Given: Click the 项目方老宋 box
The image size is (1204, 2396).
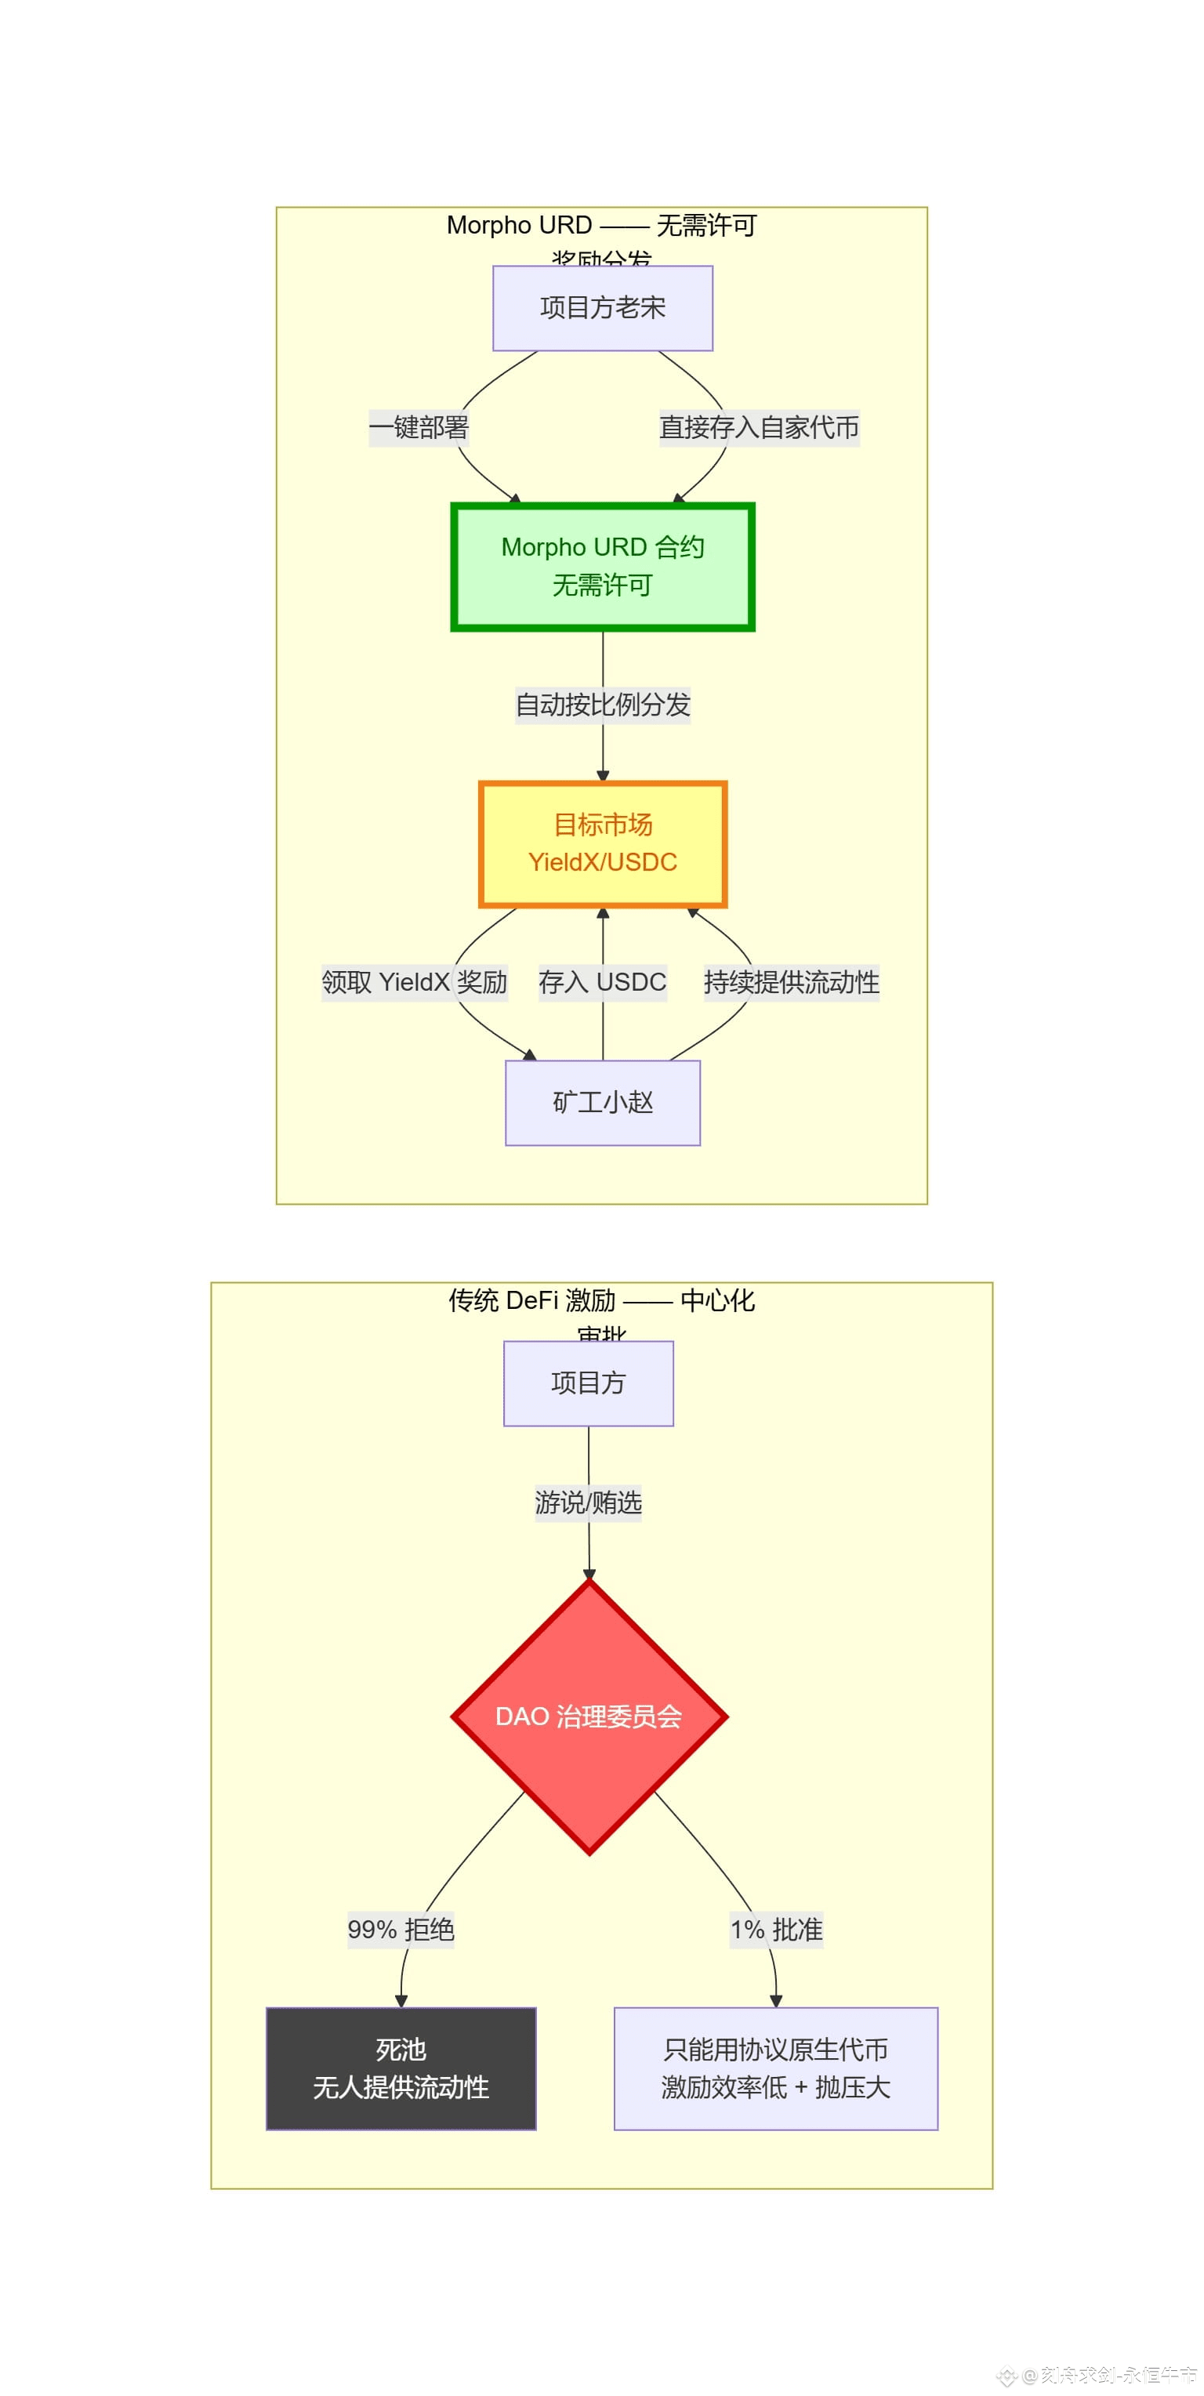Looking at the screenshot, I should (x=602, y=308).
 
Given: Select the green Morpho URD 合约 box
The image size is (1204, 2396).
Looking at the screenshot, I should (x=602, y=566).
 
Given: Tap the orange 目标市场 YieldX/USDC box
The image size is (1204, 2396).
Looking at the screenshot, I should (x=602, y=843).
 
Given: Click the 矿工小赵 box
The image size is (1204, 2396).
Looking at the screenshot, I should (x=602, y=1102).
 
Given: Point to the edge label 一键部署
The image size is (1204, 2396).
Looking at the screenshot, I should (x=419, y=428).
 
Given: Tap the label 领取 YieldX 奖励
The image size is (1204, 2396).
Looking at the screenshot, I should (x=414, y=982).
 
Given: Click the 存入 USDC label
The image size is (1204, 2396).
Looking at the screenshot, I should (x=602, y=982).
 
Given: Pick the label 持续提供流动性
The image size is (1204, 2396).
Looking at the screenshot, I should (x=791, y=982).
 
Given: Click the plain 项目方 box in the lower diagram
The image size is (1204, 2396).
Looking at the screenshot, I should (x=588, y=1383).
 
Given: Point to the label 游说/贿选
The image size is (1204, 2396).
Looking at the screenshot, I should (x=588, y=1502).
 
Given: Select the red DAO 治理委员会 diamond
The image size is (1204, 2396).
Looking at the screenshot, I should (x=588, y=1716).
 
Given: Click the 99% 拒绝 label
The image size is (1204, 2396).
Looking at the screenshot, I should (x=401, y=1930).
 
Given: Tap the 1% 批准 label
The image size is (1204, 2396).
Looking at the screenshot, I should (x=776, y=1930).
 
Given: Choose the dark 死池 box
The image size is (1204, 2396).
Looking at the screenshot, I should (x=401, y=2068).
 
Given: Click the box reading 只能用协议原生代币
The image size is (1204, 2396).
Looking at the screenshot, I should (x=775, y=2068).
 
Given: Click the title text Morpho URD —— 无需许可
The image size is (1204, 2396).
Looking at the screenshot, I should (x=601, y=226).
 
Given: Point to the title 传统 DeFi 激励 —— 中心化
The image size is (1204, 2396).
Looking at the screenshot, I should (x=601, y=1300).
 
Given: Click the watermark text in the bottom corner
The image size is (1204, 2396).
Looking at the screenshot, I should (x=1108, y=2375).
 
